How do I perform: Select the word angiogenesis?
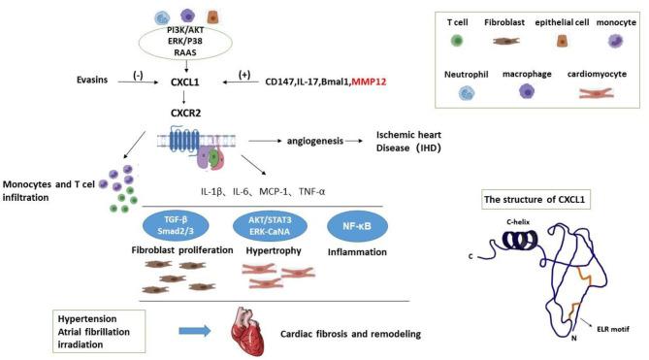click(x=318, y=141)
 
